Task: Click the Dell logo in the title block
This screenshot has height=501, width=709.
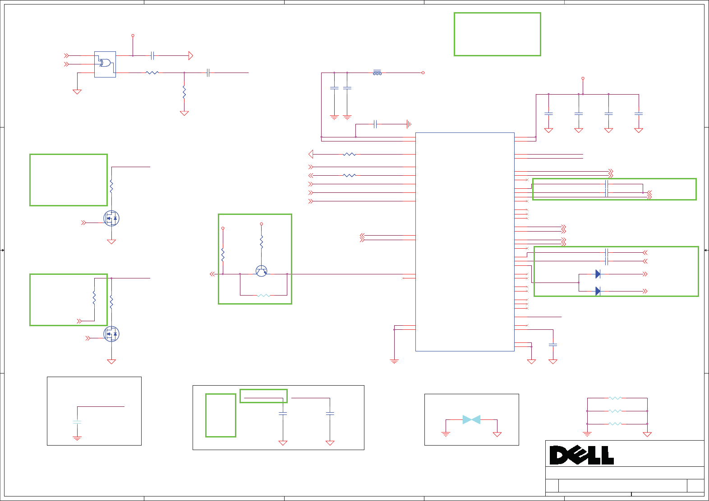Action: tap(581, 455)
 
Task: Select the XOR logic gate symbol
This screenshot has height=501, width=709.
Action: tap(105, 63)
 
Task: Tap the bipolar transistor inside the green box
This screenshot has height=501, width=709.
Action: tap(261, 271)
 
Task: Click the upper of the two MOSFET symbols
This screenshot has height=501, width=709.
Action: tap(111, 219)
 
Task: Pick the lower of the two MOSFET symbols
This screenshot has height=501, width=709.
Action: tap(111, 334)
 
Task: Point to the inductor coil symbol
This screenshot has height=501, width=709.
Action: tap(378, 73)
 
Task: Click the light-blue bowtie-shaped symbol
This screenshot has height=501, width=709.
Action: tap(471, 419)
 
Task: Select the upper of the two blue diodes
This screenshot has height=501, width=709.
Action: tap(598, 274)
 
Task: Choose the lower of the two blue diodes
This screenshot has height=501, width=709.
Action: tap(598, 291)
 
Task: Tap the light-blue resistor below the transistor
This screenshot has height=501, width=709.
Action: tap(263, 296)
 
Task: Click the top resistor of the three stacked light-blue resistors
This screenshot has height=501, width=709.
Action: tap(615, 398)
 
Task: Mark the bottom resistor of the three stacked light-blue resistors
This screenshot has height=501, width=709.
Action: tap(615, 424)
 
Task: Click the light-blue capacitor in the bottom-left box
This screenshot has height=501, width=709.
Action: tap(77, 422)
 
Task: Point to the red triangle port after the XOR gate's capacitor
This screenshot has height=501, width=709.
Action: tap(191, 56)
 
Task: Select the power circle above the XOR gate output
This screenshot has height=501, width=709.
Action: tap(133, 35)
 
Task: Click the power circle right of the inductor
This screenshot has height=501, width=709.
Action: tap(423, 73)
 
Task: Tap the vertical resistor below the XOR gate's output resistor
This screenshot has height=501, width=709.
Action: tap(184, 92)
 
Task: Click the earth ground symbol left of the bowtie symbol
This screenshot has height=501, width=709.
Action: tap(446, 434)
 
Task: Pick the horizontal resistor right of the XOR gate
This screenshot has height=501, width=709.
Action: tap(152, 73)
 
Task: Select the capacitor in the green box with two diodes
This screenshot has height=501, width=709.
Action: tap(607, 257)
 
